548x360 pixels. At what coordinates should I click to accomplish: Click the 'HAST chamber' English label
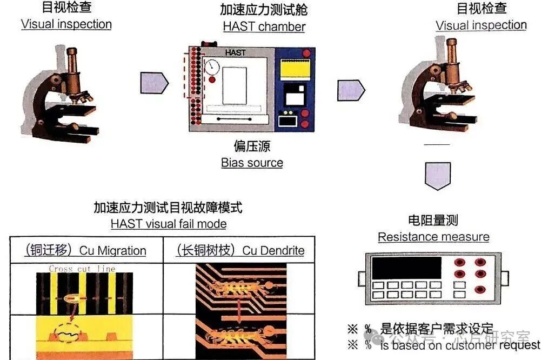coord(264,26)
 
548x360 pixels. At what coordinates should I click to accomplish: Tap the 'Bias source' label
coord(252,163)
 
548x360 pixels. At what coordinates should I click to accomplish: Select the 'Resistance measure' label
coord(433,237)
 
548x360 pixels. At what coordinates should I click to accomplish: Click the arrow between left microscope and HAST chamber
coord(153,83)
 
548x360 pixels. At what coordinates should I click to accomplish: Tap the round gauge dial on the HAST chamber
coord(212,67)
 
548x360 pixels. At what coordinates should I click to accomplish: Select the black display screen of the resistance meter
coord(407,268)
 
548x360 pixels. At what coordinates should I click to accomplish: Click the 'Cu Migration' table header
coord(86,250)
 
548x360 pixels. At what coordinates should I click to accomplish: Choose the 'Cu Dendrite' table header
coord(240,250)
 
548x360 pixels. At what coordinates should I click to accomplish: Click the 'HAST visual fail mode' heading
coord(169,224)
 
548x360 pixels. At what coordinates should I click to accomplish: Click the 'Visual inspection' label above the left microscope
coord(66,24)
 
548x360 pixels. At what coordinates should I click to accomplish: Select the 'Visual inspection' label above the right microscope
coord(481,25)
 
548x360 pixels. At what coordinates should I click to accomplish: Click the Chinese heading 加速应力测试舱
coord(264,10)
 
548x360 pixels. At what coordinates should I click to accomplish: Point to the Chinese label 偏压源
coord(252,146)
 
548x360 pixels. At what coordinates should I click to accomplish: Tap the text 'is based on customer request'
coord(459,345)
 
